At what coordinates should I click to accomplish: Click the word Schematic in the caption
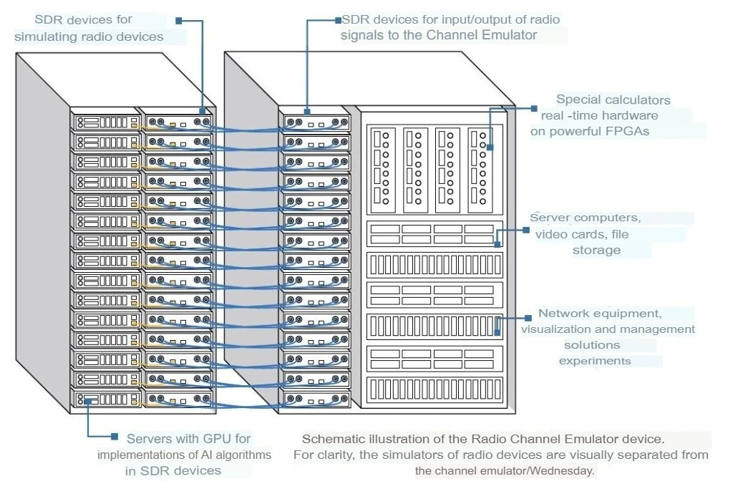tap(329, 438)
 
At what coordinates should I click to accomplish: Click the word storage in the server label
tap(596, 250)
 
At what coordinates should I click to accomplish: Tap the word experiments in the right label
tap(595, 361)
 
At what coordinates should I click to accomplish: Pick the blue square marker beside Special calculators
tap(533, 109)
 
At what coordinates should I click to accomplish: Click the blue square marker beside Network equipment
tap(528, 316)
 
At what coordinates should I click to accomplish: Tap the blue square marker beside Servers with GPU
tap(113, 435)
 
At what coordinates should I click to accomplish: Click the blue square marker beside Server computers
tap(526, 231)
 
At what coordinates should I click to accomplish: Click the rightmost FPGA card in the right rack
tap(480, 169)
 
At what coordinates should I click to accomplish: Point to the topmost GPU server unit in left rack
tap(106, 122)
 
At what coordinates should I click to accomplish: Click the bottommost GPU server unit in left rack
tap(106, 399)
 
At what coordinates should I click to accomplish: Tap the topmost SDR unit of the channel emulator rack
tap(315, 122)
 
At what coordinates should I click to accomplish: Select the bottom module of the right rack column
tap(435, 389)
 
